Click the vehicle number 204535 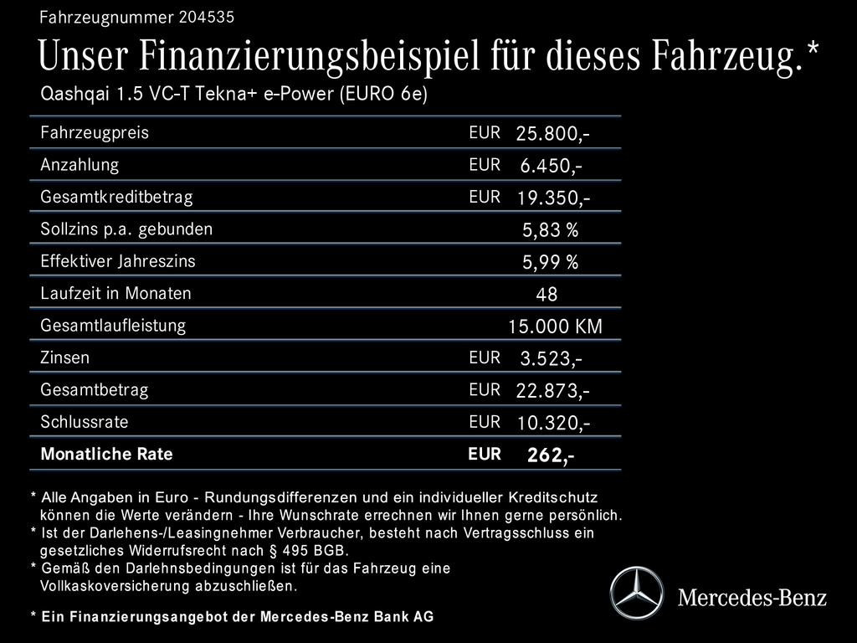point(207,17)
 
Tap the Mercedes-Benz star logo point(636,594)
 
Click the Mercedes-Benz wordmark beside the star point(752,597)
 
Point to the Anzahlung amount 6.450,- point(551,166)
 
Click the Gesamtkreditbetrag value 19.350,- point(552,198)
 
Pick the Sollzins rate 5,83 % point(550,230)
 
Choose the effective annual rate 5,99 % point(550,263)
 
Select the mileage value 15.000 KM point(555,327)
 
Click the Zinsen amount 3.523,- point(551,359)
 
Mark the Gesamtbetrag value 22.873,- point(552,391)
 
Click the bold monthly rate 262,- point(550,455)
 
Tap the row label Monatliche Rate point(106,455)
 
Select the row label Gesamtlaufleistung point(113,325)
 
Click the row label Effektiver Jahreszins point(117,261)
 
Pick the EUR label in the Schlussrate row point(485,422)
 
